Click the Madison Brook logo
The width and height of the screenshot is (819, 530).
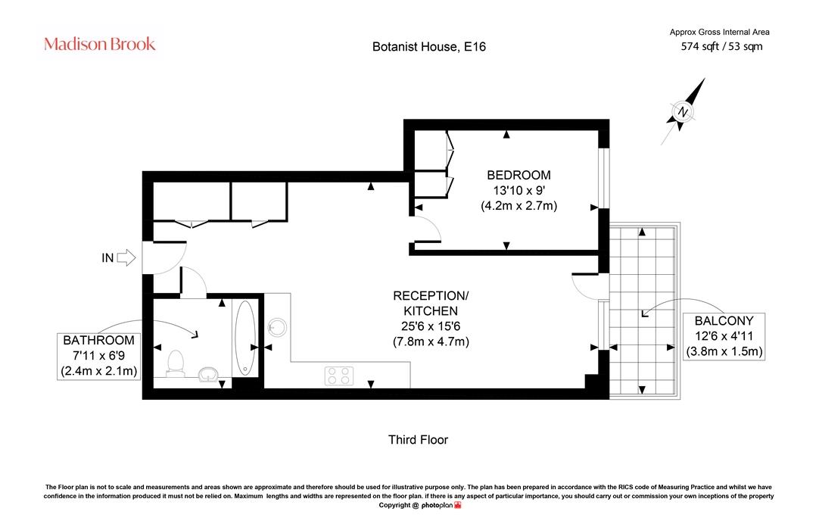coord(100,44)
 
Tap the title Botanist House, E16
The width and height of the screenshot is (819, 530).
coord(429,46)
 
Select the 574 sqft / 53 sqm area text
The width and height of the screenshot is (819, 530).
coord(721,46)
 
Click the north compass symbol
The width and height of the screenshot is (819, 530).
coord(683,111)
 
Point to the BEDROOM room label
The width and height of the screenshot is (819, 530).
coord(518,175)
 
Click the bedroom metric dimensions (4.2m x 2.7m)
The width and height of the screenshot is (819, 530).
coord(518,205)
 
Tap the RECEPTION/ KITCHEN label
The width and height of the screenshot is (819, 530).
coord(431,303)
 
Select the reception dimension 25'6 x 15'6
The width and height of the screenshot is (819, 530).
coord(431,326)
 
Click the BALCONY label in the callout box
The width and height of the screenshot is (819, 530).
coord(724,320)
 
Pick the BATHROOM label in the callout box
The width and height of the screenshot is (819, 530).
coord(98,340)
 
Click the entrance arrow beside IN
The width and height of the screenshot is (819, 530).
coord(126,257)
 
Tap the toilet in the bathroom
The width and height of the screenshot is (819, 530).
coord(175,363)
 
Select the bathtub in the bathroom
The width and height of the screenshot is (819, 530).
coord(245,338)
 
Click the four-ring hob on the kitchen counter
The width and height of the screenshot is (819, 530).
coord(339,376)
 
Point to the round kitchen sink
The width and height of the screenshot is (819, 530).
coord(277,328)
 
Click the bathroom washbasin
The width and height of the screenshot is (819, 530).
coord(208,374)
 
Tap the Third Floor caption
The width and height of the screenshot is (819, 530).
coord(418,440)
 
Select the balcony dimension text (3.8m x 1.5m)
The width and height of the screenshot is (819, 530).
coord(724,351)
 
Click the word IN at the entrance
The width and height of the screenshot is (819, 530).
coord(107,257)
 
